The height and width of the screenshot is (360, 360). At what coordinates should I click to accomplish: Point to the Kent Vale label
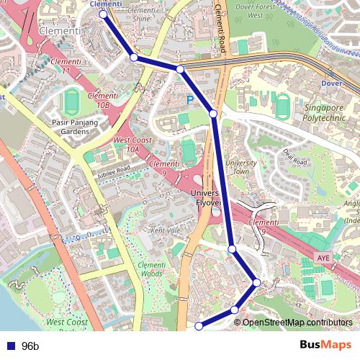click(165, 230)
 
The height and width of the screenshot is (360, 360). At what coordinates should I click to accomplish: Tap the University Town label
click(240, 167)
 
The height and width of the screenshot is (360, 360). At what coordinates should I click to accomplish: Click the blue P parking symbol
click(190, 101)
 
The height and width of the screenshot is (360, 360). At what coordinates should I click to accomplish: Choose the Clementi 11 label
click(66, 67)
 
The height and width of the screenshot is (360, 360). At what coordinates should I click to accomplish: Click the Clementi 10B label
click(102, 100)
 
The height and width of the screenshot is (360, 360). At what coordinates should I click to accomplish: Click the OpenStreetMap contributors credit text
click(297, 322)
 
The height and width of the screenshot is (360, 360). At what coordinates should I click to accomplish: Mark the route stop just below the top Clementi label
click(103, 14)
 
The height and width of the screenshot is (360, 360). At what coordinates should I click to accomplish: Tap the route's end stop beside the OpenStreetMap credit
click(199, 326)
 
